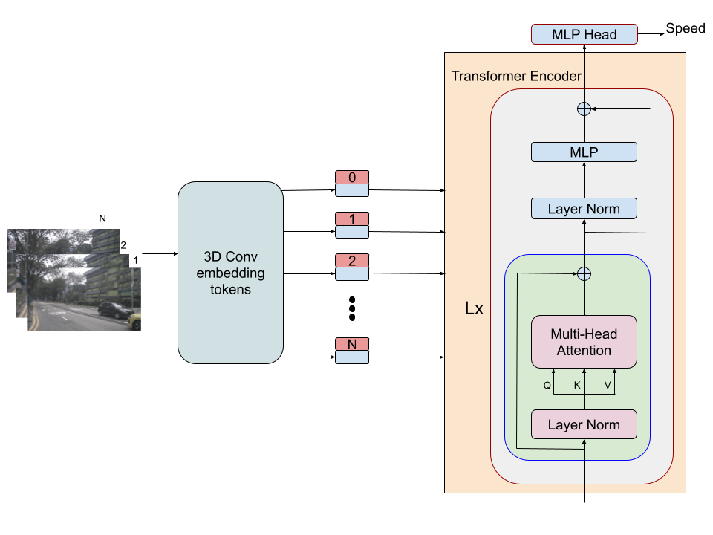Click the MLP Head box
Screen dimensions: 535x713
pyautogui.click(x=584, y=34)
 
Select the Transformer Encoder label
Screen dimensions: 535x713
pyautogui.click(x=516, y=76)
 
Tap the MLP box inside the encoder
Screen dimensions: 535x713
pyautogui.click(x=584, y=152)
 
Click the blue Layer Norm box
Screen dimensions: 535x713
pyautogui.click(x=584, y=208)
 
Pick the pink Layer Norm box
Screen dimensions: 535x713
pyautogui.click(x=584, y=424)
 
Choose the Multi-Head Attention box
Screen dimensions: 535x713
pyautogui.click(x=584, y=342)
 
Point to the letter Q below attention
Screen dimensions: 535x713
pyautogui.click(x=547, y=386)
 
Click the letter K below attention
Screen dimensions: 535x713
pyautogui.click(x=577, y=386)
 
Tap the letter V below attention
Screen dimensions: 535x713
pyautogui.click(x=608, y=386)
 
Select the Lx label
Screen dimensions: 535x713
pyautogui.click(x=474, y=308)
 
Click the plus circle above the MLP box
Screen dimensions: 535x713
pyautogui.click(x=584, y=108)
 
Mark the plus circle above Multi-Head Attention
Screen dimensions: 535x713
pyautogui.click(x=584, y=273)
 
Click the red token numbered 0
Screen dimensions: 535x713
pyautogui.click(x=352, y=178)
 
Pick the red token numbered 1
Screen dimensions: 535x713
pyautogui.click(x=352, y=219)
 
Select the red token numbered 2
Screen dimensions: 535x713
pyautogui.click(x=352, y=261)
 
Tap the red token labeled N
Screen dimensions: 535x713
pyautogui.click(x=352, y=344)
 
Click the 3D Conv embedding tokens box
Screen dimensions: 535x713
pyautogui.click(x=230, y=273)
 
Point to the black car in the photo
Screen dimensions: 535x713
pyautogui.click(x=115, y=309)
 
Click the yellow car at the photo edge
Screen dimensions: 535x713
pyautogui.click(x=135, y=321)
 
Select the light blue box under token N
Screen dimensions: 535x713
pyautogui.click(x=352, y=357)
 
